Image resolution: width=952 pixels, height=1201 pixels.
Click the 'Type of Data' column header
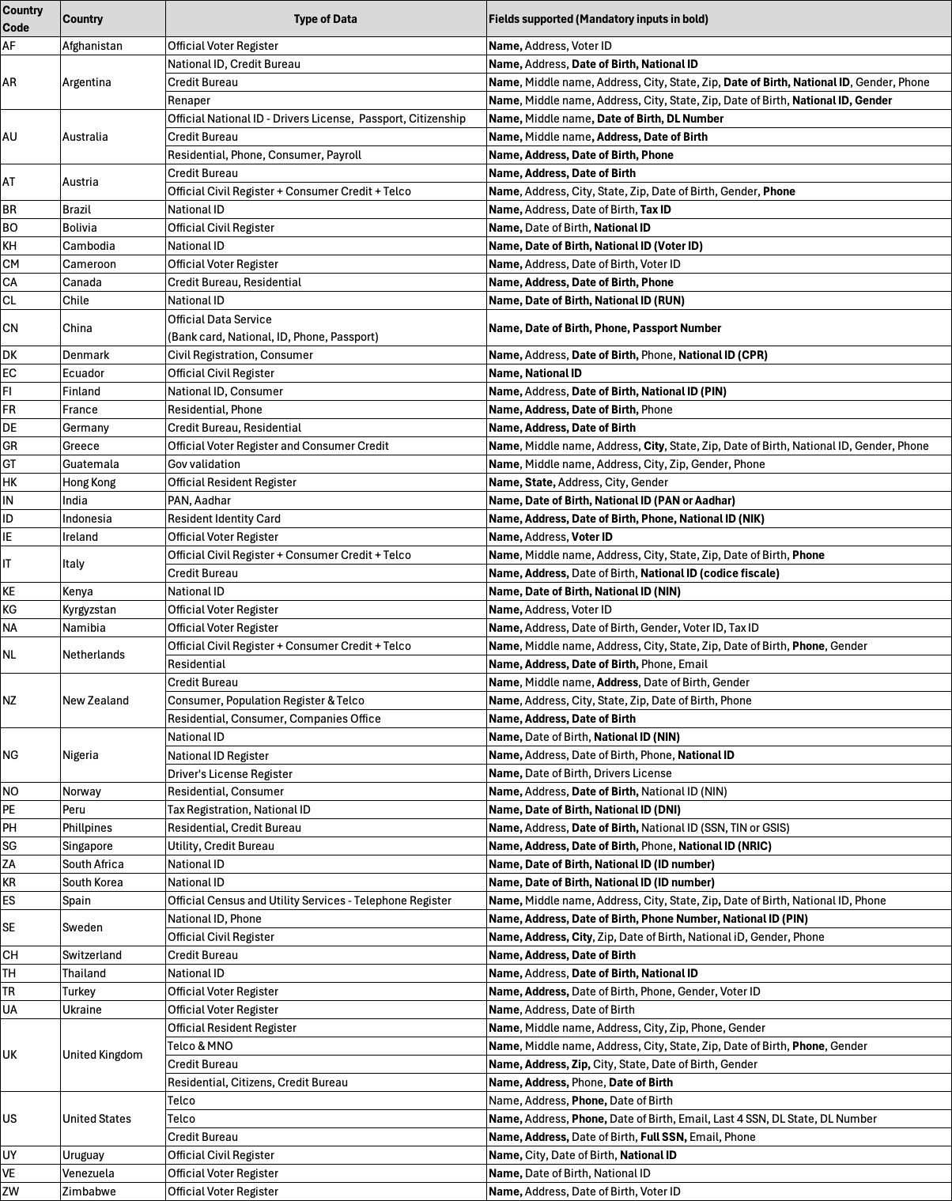(325, 19)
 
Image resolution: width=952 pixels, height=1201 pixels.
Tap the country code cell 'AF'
(9, 46)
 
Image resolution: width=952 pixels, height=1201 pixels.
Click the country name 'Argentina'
(87, 82)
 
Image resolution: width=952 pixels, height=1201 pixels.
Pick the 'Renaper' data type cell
(189, 100)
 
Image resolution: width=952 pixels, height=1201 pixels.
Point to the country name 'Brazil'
(77, 210)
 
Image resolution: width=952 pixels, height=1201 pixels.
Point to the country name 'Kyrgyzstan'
(89, 610)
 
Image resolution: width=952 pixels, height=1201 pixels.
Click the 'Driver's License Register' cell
(230, 774)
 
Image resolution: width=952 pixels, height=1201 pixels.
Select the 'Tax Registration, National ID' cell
(239, 810)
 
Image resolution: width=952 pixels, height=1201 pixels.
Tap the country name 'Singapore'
(88, 846)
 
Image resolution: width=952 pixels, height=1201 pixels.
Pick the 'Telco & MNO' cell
(200, 1046)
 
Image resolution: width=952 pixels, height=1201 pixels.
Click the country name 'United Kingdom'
(103, 1055)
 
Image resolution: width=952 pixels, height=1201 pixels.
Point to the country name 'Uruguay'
(83, 1155)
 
